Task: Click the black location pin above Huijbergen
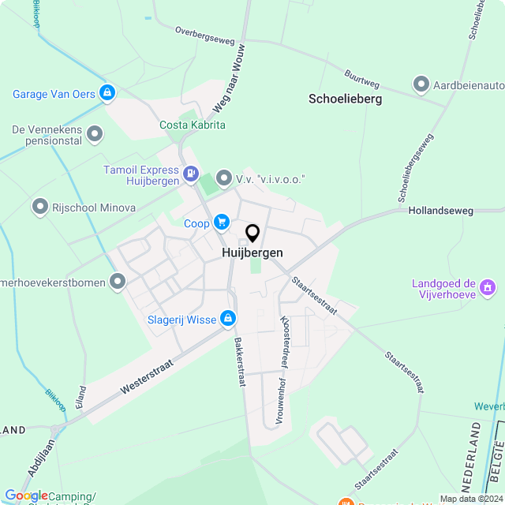click(x=252, y=233)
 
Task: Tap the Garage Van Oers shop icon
click(x=107, y=94)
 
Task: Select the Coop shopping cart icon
click(x=222, y=223)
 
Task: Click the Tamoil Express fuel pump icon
click(x=190, y=173)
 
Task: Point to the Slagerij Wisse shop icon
click(x=227, y=319)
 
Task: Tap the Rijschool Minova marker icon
click(x=39, y=208)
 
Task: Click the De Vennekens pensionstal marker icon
click(x=95, y=133)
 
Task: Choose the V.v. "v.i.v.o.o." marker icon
click(x=224, y=179)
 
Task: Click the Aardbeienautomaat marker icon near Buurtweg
click(x=421, y=84)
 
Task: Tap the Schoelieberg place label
click(x=345, y=99)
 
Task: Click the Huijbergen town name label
click(x=252, y=253)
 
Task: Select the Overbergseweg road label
click(x=204, y=33)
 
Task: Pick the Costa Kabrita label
click(x=193, y=125)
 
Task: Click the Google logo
click(x=26, y=495)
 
